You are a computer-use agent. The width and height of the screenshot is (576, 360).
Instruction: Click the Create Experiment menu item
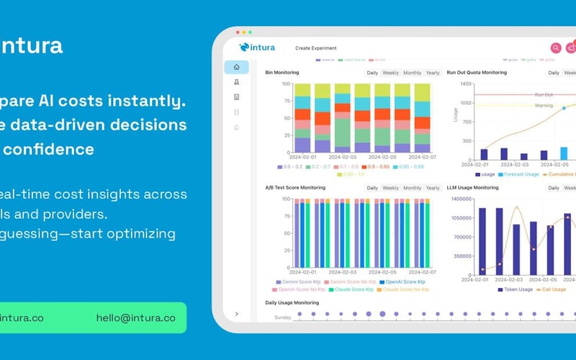pyautogui.click(x=316, y=48)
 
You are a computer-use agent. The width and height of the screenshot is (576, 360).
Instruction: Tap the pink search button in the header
pyautogui.click(x=556, y=48)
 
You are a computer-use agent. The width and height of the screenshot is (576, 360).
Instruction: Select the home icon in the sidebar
pyautogui.click(x=236, y=67)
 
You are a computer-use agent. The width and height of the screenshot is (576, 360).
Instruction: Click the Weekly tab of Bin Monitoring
pyautogui.click(x=390, y=73)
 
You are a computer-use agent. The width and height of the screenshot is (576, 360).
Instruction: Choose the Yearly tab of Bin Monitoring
pyautogui.click(x=433, y=73)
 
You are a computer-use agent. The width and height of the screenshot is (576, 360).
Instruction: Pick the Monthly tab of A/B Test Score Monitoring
pyautogui.click(x=412, y=188)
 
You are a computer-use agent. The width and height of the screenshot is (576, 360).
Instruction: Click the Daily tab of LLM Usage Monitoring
pyautogui.click(x=553, y=188)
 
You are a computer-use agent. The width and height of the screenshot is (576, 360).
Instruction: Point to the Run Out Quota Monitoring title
pyautogui.click(x=477, y=73)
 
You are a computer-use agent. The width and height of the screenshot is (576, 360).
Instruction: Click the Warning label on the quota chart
pyautogui.click(x=544, y=106)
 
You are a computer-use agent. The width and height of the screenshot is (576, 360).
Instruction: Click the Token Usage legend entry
pyautogui.click(x=514, y=289)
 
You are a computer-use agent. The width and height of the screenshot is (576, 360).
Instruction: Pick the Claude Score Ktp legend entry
pyautogui.click(x=352, y=289)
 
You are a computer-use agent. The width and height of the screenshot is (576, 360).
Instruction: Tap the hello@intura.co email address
pyautogui.click(x=135, y=318)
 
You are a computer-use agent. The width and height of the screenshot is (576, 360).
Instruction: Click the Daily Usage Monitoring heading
pyautogui.click(x=292, y=302)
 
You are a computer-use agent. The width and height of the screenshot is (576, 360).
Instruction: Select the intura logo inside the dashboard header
pyautogui.click(x=258, y=48)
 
